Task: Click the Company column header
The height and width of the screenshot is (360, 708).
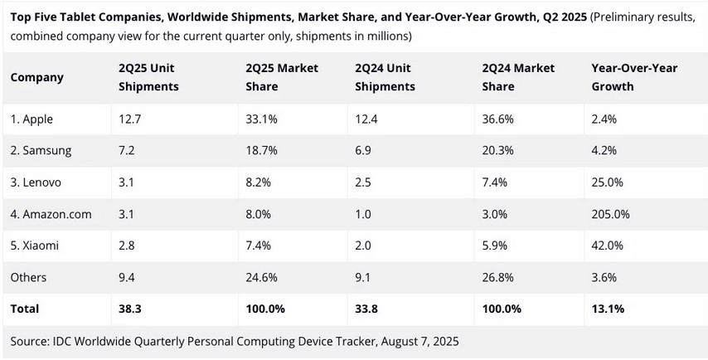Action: point(37,77)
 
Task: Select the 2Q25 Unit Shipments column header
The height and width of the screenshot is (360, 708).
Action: point(148,77)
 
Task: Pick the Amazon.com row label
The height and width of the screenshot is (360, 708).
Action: point(51,214)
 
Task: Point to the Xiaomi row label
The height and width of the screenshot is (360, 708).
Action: point(35,246)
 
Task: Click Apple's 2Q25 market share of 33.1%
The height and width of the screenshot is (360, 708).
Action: point(262,119)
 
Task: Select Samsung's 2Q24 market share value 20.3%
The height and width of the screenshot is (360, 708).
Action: point(498,151)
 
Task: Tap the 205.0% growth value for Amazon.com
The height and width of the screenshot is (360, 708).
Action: point(610,214)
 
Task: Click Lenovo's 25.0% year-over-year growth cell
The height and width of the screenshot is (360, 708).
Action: point(607,182)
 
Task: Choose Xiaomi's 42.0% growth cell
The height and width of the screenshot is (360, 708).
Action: point(607,246)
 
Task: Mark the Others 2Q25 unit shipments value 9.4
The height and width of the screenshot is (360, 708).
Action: point(129,277)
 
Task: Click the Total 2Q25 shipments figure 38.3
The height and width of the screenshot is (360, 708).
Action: point(131,309)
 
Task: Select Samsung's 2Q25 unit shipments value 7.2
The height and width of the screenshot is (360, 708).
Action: point(128,151)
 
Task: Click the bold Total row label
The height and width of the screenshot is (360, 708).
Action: point(25,309)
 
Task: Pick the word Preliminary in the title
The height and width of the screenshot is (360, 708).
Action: point(627,19)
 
